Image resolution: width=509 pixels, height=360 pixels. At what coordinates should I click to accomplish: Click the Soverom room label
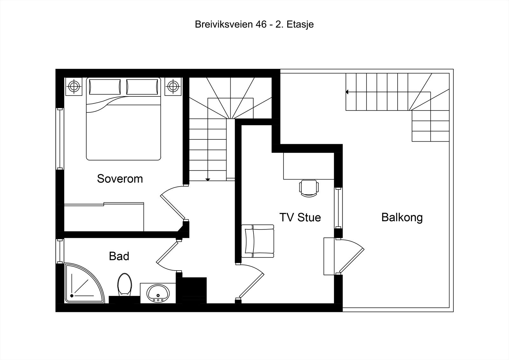pos(120,179)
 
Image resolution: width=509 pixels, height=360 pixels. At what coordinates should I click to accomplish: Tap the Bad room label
pos(119,256)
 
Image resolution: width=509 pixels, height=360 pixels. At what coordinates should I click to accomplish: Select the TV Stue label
pos(300,217)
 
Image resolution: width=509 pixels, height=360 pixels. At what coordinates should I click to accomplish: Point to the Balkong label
pos(402,217)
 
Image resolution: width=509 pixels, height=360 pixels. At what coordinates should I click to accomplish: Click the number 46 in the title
pos(261,25)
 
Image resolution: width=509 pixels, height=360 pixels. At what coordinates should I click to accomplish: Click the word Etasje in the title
pos(300,25)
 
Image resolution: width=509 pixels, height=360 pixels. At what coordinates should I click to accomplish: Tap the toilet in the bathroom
pos(124,284)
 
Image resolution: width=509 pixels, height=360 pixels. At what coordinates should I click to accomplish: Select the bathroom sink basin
pos(158,293)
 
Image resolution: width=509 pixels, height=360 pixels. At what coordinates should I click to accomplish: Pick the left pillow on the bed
pos(105,87)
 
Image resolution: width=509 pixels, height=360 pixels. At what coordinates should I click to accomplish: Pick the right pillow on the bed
pos(142,87)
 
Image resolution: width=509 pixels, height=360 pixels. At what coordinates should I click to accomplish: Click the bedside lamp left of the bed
pos(74,86)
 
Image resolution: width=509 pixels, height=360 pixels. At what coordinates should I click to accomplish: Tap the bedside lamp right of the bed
pos(173,86)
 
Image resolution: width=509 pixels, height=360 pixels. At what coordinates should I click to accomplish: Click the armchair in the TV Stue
pos(258,241)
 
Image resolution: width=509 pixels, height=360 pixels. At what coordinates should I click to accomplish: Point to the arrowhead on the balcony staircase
pos(347,92)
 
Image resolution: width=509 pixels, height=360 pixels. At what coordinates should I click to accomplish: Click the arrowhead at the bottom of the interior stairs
pos(208,180)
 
